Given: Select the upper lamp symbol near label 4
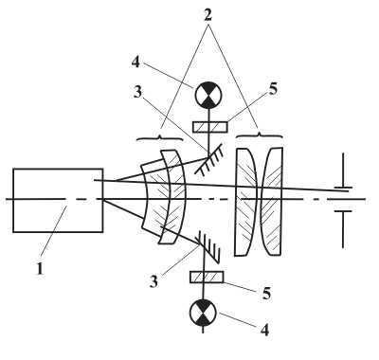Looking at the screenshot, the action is click(x=208, y=95).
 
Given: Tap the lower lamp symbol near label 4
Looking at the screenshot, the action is click(x=203, y=313).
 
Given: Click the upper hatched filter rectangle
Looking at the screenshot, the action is click(x=210, y=127).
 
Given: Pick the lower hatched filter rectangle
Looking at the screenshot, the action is click(x=207, y=277).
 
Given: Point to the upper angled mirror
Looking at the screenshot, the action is click(x=209, y=158).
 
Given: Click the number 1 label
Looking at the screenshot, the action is click(x=40, y=268).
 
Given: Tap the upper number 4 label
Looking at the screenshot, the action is click(x=135, y=63).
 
